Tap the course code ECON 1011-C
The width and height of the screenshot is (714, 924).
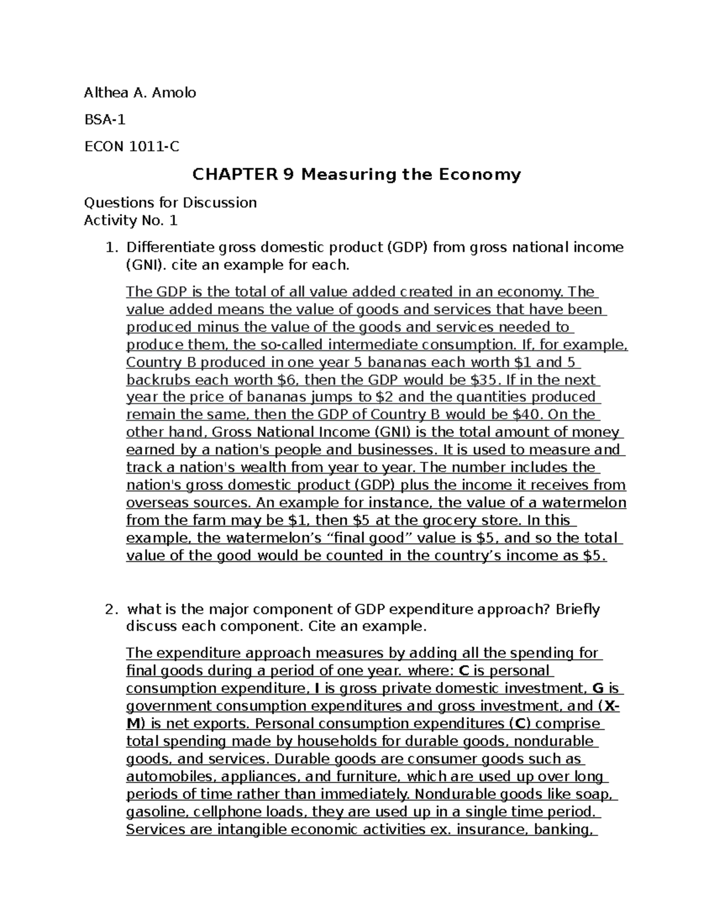tap(131, 146)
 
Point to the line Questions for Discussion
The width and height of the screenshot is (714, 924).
tap(170, 203)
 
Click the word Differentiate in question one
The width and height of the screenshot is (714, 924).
tap(171, 247)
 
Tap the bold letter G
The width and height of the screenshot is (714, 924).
tap(598, 688)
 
